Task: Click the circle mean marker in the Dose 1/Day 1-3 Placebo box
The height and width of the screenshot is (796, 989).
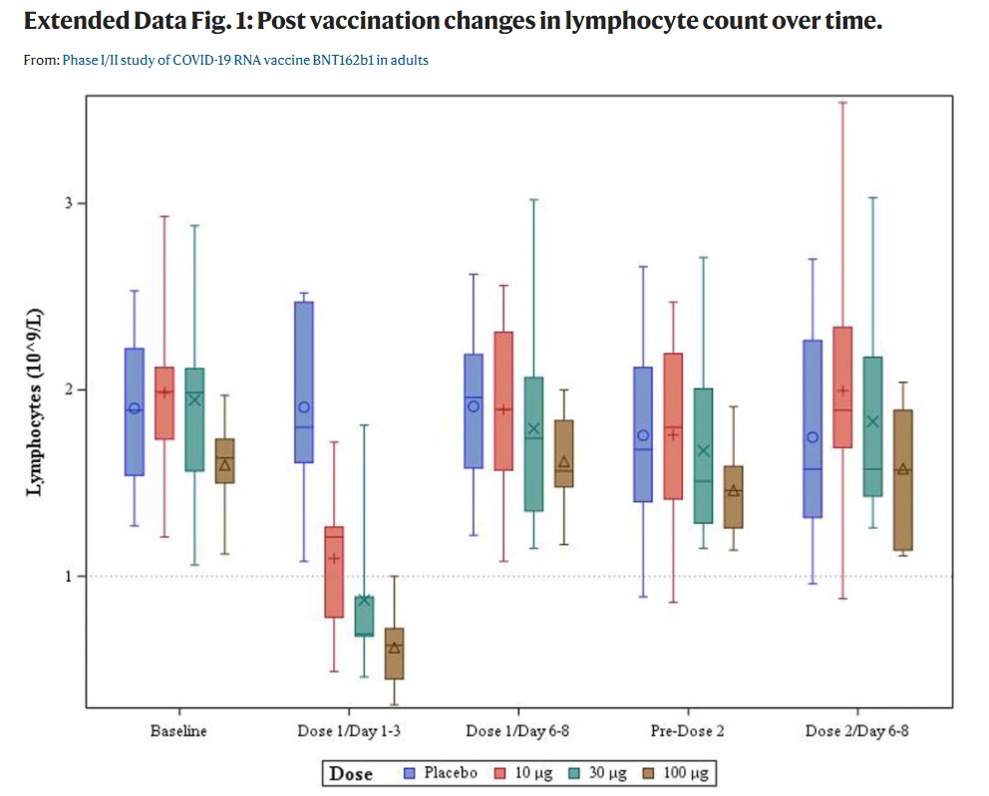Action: click(304, 407)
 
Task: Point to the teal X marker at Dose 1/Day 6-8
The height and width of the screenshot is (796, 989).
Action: click(533, 429)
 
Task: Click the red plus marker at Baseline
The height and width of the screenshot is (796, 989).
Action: click(165, 393)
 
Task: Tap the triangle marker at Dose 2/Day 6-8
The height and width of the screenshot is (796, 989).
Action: click(902, 469)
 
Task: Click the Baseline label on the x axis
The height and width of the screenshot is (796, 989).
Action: click(178, 731)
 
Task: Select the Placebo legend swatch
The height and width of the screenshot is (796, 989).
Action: click(410, 773)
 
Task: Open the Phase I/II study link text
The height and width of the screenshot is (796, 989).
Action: click(245, 61)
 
